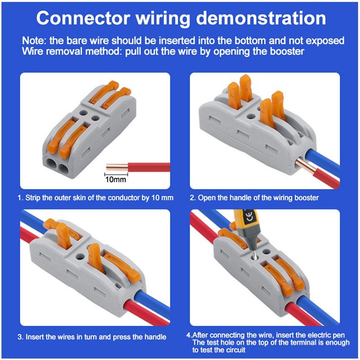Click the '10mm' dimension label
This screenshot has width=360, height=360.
[116, 180]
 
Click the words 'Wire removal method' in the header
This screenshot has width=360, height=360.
[81, 51]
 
